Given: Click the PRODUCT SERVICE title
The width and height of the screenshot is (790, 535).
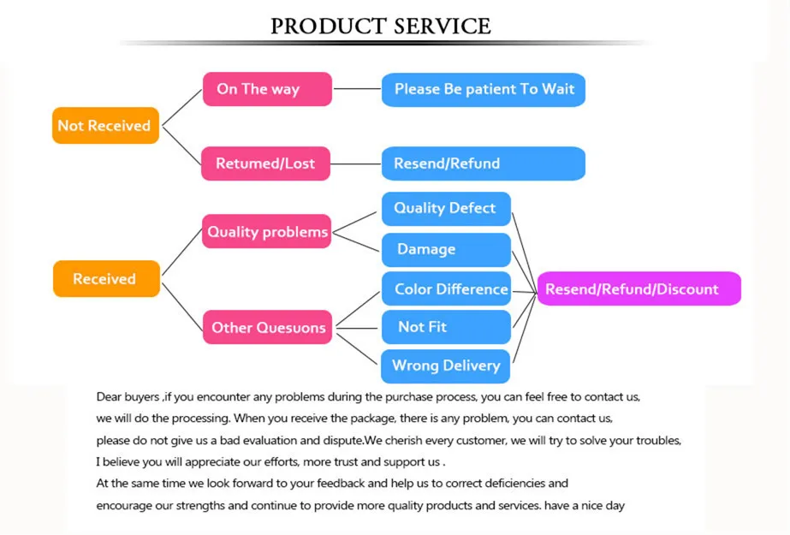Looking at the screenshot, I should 381,26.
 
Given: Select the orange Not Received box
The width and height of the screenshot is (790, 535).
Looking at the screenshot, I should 105,126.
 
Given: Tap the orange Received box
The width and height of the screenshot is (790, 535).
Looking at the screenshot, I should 106,279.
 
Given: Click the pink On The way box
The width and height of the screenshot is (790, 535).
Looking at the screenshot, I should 266,89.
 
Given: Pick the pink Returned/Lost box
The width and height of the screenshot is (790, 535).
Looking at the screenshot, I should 265,163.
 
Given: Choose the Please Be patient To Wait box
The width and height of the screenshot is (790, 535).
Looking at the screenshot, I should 484,89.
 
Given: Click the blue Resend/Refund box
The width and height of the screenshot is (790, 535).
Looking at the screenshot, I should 484,163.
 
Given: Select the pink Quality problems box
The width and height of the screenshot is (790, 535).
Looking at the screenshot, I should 266,231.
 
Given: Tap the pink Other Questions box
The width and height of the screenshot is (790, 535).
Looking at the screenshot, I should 267,327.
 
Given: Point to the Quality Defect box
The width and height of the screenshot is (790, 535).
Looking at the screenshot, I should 445,208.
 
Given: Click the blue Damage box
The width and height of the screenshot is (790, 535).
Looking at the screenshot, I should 445,249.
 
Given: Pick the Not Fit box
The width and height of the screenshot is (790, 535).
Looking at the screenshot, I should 445,327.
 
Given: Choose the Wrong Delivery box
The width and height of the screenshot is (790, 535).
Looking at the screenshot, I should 445,366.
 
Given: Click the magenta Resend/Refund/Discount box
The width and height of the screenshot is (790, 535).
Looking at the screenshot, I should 639,289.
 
